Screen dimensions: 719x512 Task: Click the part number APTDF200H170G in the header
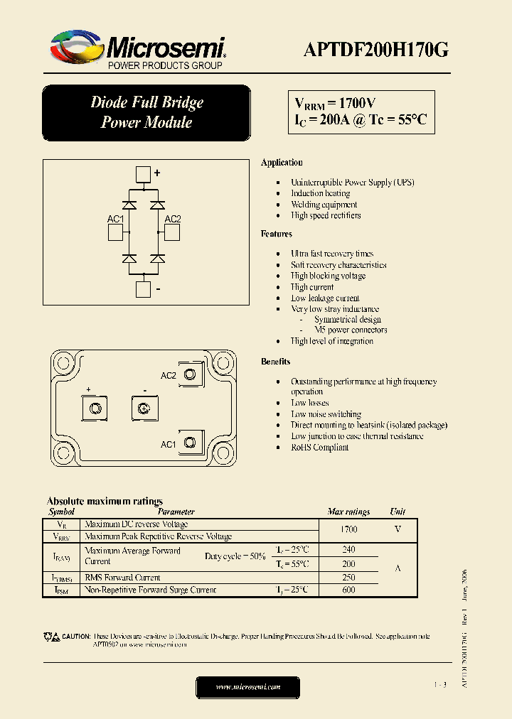pyautogui.click(x=375, y=49)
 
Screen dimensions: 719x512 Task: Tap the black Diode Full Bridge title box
pyautogui.click(x=146, y=112)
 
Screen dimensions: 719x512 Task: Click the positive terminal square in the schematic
pyautogui.click(x=144, y=174)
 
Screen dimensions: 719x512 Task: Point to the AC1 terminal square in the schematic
pyautogui.click(x=116, y=233)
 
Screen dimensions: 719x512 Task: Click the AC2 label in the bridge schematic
pyautogui.click(x=173, y=220)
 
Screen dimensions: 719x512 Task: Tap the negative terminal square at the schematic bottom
pyautogui.click(x=144, y=289)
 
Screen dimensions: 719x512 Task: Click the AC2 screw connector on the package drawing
pyautogui.click(x=190, y=375)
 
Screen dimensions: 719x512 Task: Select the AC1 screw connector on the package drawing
pyautogui.click(x=190, y=443)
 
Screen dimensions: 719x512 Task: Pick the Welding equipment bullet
pyautogui.click(x=324, y=205)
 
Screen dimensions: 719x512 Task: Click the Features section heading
pyautogui.click(x=277, y=234)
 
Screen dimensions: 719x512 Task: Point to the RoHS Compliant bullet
pyautogui.click(x=319, y=448)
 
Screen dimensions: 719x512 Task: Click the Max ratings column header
pyautogui.click(x=348, y=512)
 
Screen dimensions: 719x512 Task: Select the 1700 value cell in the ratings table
pyautogui.click(x=348, y=530)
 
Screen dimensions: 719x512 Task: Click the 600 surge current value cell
pyautogui.click(x=348, y=590)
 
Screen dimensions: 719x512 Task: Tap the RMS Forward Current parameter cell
pyautogui.click(x=122, y=578)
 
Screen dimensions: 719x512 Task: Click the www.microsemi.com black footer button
pyautogui.click(x=247, y=687)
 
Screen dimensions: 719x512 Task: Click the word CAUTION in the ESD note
pyautogui.click(x=75, y=637)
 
